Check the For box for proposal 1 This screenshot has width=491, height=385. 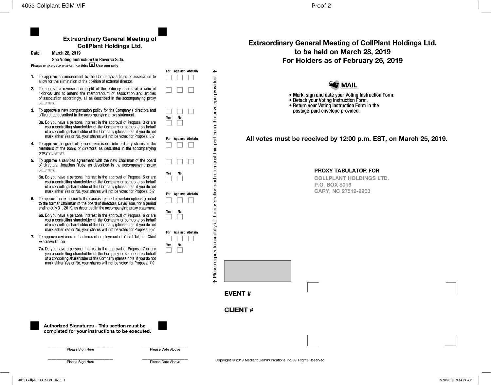(169, 78)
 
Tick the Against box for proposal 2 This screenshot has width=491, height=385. (180, 90)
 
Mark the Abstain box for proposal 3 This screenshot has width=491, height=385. (191, 111)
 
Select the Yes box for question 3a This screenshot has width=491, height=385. (169, 123)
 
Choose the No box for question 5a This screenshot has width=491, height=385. (180, 178)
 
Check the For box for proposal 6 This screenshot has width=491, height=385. (169, 200)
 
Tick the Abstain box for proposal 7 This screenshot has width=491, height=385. (191, 238)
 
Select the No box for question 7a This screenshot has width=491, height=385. (180, 250)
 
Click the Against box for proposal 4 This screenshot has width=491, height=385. (180, 145)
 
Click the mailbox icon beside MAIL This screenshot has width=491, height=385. (334, 85)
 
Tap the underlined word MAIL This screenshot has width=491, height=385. (349, 85)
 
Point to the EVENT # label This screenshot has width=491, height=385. (237, 294)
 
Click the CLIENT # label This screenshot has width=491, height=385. (239, 310)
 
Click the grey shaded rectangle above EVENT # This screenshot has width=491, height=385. (257, 271)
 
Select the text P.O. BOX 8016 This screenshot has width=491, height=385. (333, 185)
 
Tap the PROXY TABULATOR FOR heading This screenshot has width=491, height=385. (347, 171)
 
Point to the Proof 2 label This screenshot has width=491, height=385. (321, 6)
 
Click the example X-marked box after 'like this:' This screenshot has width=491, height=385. (92, 65)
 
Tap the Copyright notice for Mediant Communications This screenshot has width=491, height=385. (270, 360)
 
